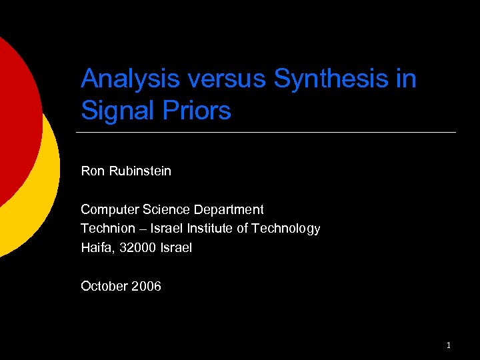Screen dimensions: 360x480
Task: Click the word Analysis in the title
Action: pyautogui.click(x=131, y=79)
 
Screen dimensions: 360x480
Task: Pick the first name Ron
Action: pyautogui.click(x=92, y=171)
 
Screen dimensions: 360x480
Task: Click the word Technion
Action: pyautogui.click(x=107, y=229)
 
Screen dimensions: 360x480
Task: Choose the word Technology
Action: pyautogui.click(x=287, y=229)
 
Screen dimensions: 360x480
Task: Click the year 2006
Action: pyautogui.click(x=146, y=287)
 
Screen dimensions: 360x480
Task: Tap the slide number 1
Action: pyautogui.click(x=449, y=345)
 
